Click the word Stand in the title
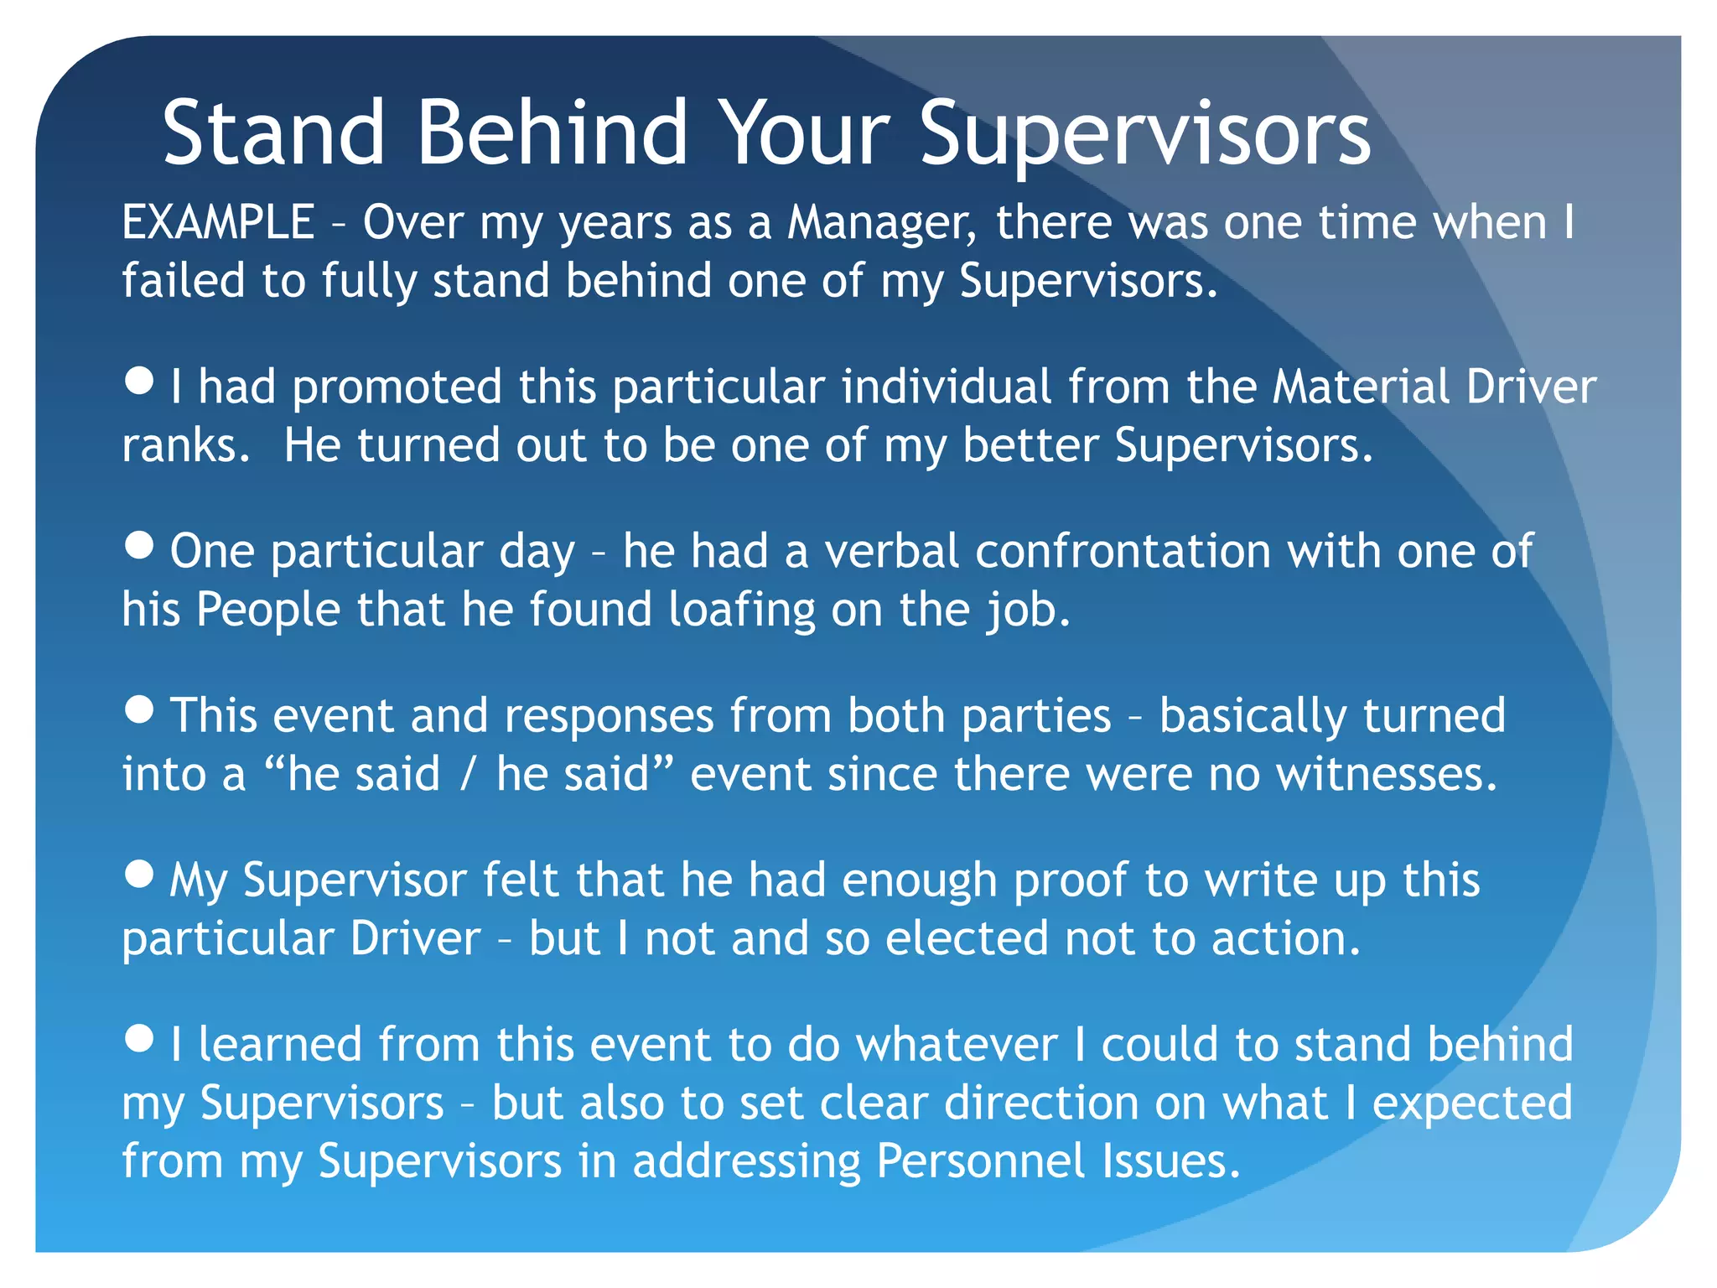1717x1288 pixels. coord(273,133)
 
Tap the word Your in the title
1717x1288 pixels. coord(805,133)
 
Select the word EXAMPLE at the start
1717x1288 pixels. coord(218,223)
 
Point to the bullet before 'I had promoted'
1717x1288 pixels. coord(139,382)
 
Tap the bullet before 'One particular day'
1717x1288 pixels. coord(139,546)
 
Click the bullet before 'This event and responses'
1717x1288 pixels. coord(139,710)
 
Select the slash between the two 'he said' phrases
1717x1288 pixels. coord(469,774)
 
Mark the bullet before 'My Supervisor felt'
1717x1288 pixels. coord(139,875)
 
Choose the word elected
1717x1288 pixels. coord(967,938)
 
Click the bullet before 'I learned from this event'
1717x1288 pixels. coord(139,1039)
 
